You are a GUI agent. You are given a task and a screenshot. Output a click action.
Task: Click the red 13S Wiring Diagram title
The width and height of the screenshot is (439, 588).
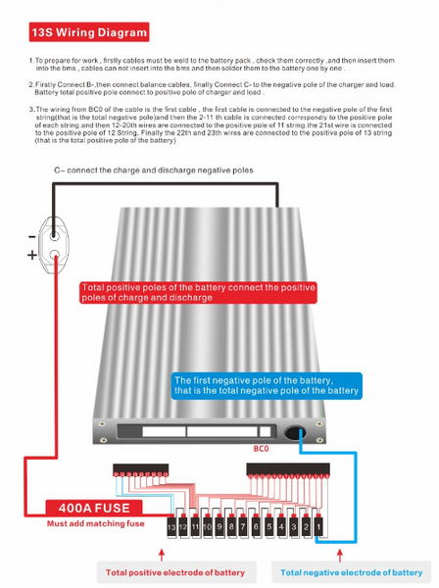tap(89, 32)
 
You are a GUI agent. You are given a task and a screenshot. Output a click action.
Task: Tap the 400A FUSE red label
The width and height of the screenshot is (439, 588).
tap(94, 508)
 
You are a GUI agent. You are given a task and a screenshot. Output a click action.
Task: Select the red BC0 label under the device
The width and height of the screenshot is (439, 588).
tap(261, 449)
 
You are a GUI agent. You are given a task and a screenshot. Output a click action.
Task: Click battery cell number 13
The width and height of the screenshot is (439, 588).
tap(171, 526)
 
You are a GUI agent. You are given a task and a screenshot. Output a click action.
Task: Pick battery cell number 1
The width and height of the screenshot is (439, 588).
tap(318, 526)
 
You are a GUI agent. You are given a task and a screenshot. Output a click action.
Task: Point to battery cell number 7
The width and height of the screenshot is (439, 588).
tap(243, 526)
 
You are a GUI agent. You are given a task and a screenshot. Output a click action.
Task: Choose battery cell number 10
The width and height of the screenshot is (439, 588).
tap(208, 526)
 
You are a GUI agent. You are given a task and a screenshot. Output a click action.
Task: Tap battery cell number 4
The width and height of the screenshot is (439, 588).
tap(281, 526)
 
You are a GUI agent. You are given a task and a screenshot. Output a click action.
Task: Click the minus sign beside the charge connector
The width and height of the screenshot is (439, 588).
tap(32, 236)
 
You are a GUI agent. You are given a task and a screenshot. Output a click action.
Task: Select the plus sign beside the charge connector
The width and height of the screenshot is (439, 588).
tap(32, 255)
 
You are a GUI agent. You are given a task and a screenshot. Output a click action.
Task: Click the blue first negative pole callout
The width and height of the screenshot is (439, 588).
tap(267, 386)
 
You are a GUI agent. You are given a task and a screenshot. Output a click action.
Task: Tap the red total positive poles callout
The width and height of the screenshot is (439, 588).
tap(198, 293)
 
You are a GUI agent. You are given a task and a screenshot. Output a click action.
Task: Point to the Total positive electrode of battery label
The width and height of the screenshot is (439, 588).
tap(175, 572)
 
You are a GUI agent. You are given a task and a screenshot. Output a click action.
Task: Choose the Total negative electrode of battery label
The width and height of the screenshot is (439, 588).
tap(351, 572)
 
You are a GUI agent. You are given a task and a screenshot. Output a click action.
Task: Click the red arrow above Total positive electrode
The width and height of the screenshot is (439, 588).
tap(162, 555)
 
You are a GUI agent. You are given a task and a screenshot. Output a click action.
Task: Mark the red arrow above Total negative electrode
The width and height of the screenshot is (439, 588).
tap(340, 556)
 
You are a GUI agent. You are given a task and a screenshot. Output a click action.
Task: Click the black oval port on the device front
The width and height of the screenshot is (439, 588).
tap(295, 432)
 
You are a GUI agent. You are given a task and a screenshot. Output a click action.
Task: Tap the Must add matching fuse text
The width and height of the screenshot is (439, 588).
tap(96, 523)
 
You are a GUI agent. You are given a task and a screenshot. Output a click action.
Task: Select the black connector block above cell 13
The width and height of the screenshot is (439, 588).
tap(140, 469)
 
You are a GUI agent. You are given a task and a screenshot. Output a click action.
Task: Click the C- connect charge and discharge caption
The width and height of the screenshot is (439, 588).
tap(154, 171)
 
